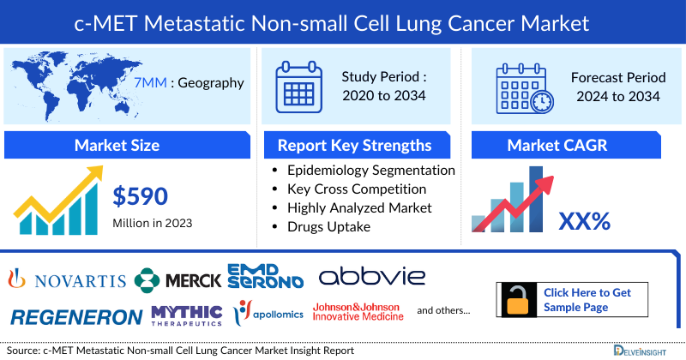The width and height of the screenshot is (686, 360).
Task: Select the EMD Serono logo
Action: point(265,276)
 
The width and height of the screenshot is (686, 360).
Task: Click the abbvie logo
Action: point(372,277)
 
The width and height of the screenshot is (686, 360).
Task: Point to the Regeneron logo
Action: point(76,316)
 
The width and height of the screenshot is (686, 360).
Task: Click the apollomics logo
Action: point(269,314)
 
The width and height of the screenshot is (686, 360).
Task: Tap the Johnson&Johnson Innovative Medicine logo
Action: point(358,311)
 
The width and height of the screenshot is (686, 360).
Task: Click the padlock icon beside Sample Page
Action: point(517,300)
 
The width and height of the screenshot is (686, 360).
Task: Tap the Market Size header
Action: point(117,145)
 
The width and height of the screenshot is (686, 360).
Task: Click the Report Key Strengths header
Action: point(354,145)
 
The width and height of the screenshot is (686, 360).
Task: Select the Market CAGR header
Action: point(569,145)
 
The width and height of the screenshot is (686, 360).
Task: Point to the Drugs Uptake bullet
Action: point(329,226)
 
